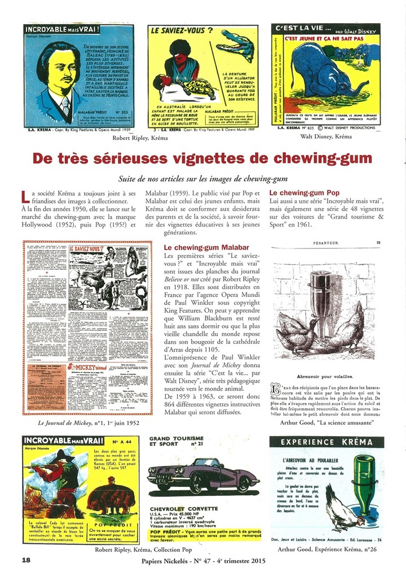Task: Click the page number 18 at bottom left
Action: [25, 560]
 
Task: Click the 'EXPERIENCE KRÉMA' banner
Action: [326, 442]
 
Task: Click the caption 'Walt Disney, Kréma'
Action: [325, 136]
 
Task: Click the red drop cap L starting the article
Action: [24, 197]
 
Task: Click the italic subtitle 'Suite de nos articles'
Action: [202, 179]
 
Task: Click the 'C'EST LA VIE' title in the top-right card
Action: [298, 28]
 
